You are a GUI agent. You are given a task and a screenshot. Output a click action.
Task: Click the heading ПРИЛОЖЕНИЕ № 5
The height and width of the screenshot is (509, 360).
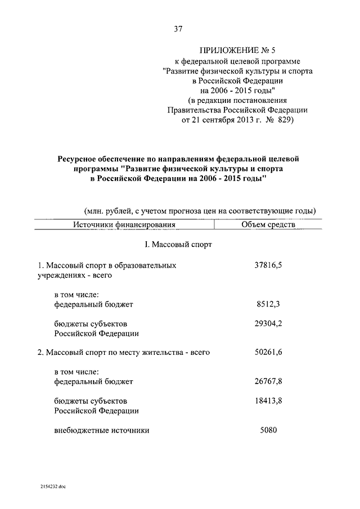click(237, 49)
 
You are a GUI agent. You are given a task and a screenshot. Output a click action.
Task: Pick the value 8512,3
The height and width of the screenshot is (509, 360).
click(268, 304)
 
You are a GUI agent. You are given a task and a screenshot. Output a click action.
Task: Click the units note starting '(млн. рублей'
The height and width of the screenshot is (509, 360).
click(200, 210)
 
